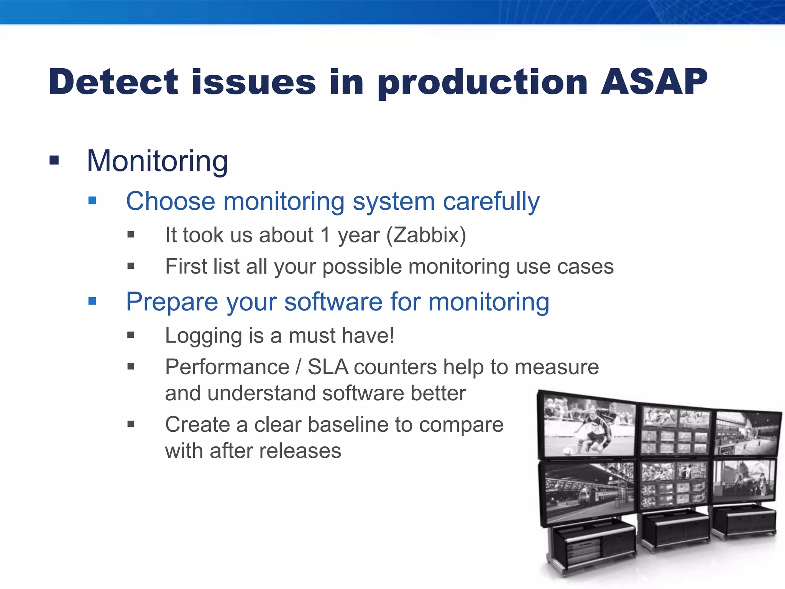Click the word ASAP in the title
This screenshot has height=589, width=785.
point(654,82)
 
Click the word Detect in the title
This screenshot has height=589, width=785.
point(113,82)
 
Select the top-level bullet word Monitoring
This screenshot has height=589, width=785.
point(157,161)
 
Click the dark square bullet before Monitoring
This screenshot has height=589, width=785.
point(54,160)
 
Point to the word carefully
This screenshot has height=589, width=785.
point(491,202)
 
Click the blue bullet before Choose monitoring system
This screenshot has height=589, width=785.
point(92,201)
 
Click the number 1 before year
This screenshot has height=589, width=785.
point(325,235)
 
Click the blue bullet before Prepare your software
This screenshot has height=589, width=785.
point(92,301)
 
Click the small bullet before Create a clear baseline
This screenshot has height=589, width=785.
point(131,424)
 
